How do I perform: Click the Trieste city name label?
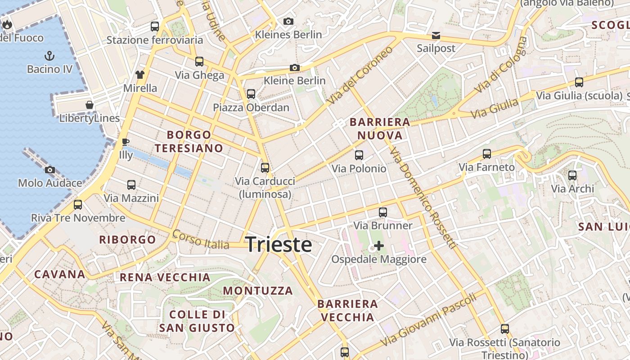(x=279, y=244)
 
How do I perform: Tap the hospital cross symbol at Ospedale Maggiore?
(x=379, y=246)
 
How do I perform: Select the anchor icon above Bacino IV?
(x=49, y=56)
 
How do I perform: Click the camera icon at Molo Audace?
(x=50, y=170)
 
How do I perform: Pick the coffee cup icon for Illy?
(x=126, y=142)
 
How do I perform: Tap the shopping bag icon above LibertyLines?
(x=90, y=105)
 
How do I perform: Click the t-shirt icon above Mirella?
(x=140, y=74)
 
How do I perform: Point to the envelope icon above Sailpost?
(x=436, y=35)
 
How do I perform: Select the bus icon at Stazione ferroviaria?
(x=155, y=26)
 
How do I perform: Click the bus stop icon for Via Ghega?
(x=199, y=62)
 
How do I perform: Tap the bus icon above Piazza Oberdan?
(x=251, y=94)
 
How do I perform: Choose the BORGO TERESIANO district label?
(x=189, y=141)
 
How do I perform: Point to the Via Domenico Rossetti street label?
(x=424, y=198)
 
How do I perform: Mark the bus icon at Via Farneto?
(x=486, y=154)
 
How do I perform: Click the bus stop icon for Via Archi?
(x=572, y=175)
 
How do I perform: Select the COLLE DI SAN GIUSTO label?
(x=197, y=321)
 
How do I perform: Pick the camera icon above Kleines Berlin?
(x=288, y=21)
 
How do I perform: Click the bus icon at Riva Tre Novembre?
(x=78, y=205)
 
